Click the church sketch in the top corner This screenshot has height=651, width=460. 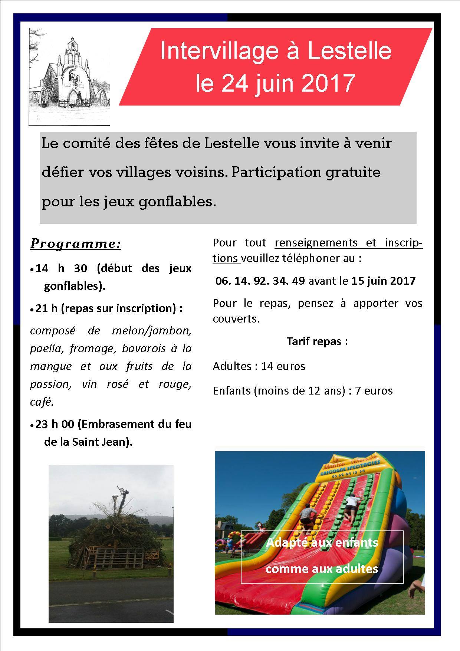click(x=69, y=76)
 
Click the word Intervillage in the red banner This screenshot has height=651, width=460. click(x=218, y=51)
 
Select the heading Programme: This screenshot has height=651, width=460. click(x=76, y=243)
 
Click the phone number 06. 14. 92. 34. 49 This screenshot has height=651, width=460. click(x=260, y=281)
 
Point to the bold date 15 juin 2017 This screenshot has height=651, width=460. click(x=384, y=281)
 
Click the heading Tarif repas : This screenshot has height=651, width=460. click(x=317, y=341)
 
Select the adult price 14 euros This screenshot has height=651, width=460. click(x=283, y=366)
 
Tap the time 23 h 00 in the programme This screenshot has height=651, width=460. click(x=55, y=424)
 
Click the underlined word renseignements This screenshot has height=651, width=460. click(x=316, y=243)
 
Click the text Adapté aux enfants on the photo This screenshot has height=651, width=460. click(x=322, y=543)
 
